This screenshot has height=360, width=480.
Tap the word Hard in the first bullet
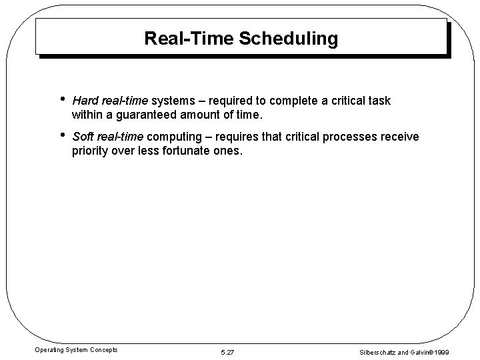coord(84,101)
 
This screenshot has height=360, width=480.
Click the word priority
coord(91,151)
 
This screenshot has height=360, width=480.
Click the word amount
coord(205,115)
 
